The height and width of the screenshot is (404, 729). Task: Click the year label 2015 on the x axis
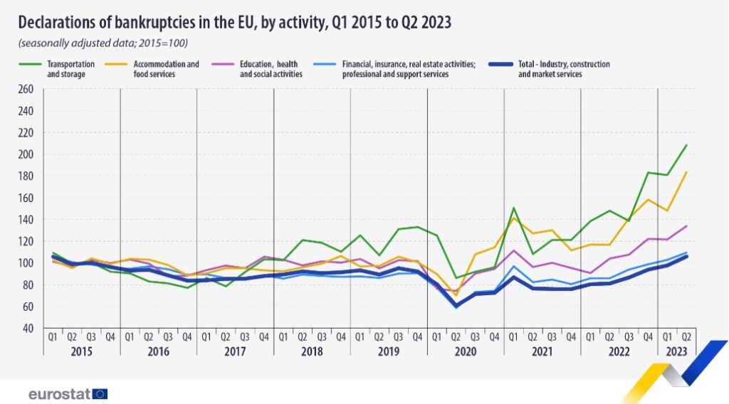[81, 352]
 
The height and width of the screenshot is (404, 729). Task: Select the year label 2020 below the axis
[465, 352]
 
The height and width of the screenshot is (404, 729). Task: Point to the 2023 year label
[676, 352]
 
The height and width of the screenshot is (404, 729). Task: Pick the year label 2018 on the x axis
[311, 352]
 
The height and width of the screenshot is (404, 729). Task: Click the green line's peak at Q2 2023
[686, 145]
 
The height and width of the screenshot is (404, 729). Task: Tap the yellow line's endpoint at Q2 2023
[686, 171]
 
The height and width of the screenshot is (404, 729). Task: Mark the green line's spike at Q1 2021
[513, 208]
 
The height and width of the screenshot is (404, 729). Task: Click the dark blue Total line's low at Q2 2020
[456, 306]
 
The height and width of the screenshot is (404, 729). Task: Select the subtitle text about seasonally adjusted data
[103, 43]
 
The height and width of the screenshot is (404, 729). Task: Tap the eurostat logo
[68, 393]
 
